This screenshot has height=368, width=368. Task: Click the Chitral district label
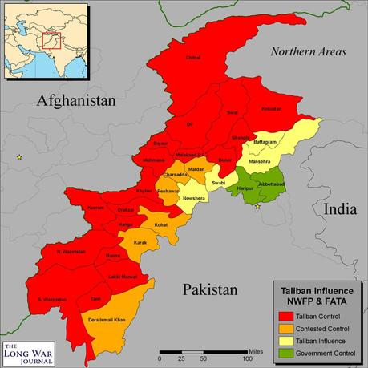click(192, 58)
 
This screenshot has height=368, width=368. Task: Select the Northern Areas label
click(308, 52)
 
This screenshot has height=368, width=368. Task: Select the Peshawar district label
click(168, 192)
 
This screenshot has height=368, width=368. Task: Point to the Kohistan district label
click(273, 109)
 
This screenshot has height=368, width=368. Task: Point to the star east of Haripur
click(257, 207)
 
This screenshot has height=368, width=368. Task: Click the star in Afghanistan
click(19, 158)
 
